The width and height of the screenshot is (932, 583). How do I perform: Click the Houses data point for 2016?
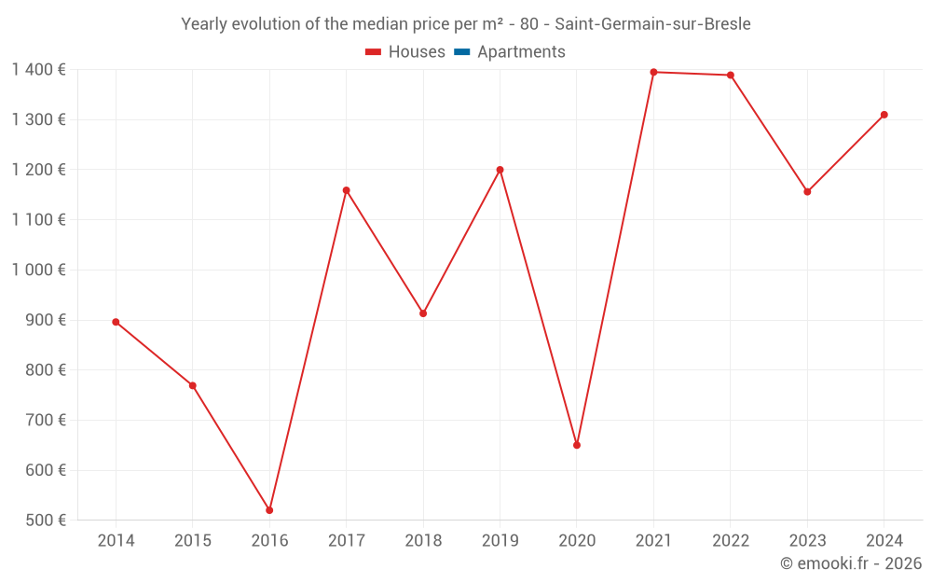point(269,510)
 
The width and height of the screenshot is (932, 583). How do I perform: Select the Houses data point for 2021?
point(653,72)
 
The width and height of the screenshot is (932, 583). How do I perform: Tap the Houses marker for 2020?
point(577,445)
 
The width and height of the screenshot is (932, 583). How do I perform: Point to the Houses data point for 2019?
point(500,170)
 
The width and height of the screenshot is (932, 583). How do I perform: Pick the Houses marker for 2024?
point(884,115)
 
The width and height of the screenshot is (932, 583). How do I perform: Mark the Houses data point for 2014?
point(116,322)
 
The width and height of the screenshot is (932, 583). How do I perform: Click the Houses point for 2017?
point(346,190)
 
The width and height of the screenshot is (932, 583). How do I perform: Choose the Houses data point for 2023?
point(807,191)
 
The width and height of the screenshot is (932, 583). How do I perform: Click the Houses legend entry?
point(405,52)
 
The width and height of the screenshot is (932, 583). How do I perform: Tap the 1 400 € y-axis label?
point(38,69)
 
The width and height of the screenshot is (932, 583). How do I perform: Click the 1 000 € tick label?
point(38,270)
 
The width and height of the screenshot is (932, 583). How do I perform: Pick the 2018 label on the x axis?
point(423,541)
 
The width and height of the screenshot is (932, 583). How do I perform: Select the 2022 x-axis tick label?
point(731,541)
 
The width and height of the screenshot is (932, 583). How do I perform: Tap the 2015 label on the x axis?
point(193,541)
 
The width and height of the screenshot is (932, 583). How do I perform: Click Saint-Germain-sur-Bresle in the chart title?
point(652,24)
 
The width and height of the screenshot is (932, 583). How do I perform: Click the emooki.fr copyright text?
point(851,563)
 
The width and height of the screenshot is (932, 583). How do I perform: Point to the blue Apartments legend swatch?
point(461,52)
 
